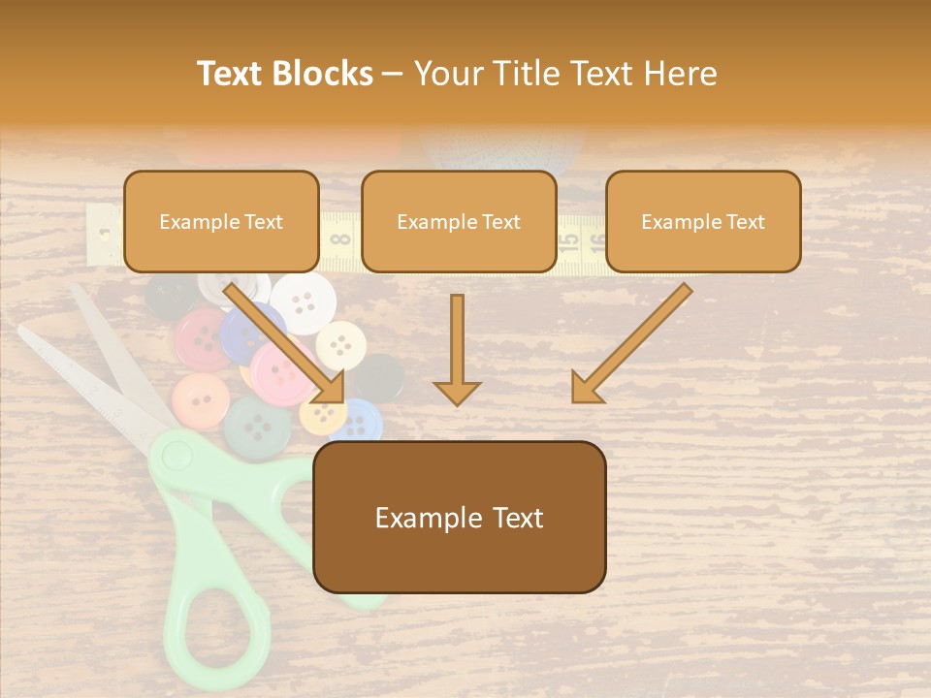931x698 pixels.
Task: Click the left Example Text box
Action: coord(221,222)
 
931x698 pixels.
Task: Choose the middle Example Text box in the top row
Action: coord(459,222)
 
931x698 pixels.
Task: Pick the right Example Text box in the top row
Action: coord(703,222)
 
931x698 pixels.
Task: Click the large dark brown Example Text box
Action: coord(460,518)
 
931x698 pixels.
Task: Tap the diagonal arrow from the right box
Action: coord(630,344)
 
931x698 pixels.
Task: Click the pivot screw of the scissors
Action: coord(176,452)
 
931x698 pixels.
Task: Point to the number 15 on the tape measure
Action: coord(570,237)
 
